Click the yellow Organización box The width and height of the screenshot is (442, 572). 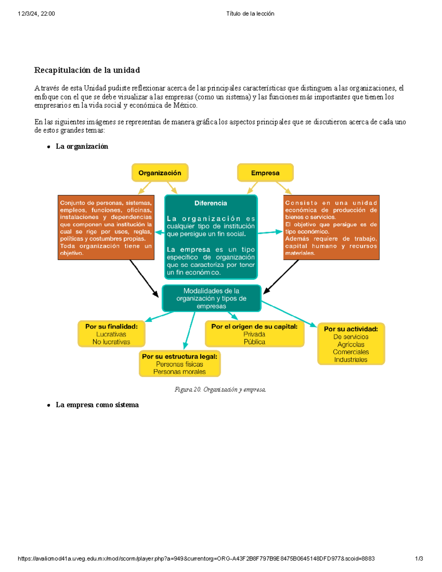pyautogui.click(x=160, y=173)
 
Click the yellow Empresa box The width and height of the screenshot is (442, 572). pyautogui.click(x=265, y=173)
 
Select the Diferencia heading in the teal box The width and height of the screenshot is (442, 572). pyautogui.click(x=211, y=203)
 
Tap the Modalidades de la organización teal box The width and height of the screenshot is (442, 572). pyautogui.click(x=211, y=298)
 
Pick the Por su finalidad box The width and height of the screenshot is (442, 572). pyautogui.click(x=111, y=334)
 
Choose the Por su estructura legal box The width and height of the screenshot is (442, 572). pyautogui.click(x=180, y=364)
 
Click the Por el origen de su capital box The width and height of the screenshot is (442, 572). pyautogui.click(x=255, y=334)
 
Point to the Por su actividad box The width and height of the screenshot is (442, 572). pyautogui.click(x=351, y=344)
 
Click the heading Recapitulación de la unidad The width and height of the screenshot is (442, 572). pyautogui.click(x=87, y=70)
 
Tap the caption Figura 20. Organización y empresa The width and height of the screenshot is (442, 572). pyautogui.click(x=220, y=389)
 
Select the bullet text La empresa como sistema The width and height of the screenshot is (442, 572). pyautogui.click(x=97, y=405)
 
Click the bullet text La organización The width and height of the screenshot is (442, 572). pyautogui.click(x=82, y=146)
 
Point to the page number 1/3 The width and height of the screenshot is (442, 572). pyautogui.click(x=419, y=558)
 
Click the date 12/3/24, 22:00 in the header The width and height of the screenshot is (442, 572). pyautogui.click(x=36, y=14)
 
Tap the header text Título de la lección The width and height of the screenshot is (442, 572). pyautogui.click(x=250, y=14)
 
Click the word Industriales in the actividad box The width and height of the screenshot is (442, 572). pyautogui.click(x=351, y=359)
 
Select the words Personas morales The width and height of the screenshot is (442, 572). pyautogui.click(x=179, y=372)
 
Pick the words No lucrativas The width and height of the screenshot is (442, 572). pyautogui.click(x=111, y=342)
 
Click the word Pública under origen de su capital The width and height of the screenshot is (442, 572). pyautogui.click(x=255, y=342)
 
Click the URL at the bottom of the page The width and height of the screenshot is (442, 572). pyautogui.click(x=196, y=558)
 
